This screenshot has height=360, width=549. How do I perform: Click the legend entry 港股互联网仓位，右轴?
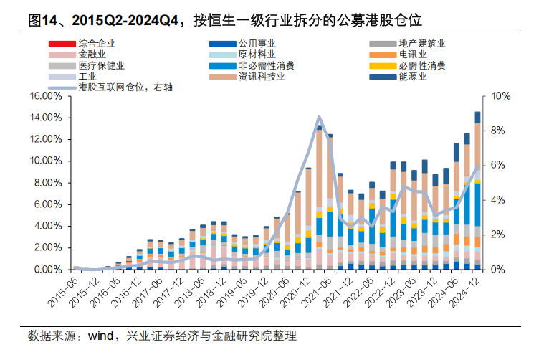pos(125,87)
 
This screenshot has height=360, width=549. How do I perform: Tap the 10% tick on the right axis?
pos(501,95)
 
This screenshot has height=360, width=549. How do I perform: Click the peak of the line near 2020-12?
pos(319,117)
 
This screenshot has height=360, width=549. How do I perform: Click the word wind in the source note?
pos(100,336)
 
